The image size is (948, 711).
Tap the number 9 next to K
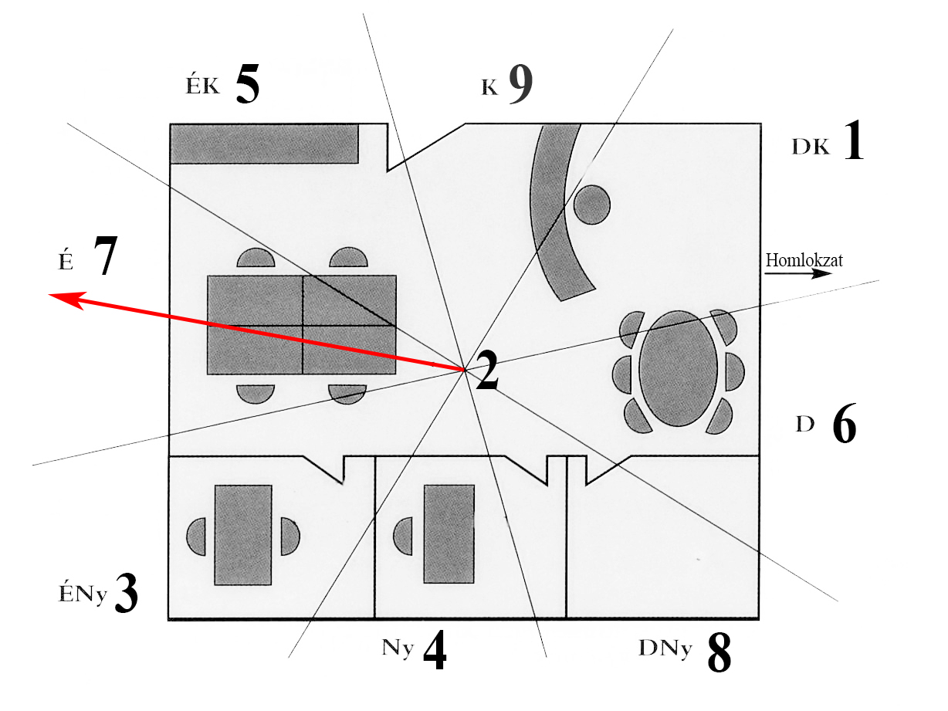[520, 85]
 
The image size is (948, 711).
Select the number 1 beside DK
[853, 141]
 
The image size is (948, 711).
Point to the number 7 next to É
[106, 255]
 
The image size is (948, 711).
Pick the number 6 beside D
[845, 424]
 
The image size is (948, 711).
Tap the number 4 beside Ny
[435, 650]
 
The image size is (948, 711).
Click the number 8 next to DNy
[719, 653]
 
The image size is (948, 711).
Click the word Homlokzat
[804, 260]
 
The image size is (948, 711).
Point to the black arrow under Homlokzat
[798, 274]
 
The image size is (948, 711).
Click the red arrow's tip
[49, 294]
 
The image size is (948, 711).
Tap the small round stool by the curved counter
[591, 205]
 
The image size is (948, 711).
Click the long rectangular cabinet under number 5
[264, 144]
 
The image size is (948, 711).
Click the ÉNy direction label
[83, 594]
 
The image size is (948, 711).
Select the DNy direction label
[665, 648]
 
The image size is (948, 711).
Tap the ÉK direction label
[202, 86]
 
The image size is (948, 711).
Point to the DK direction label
[811, 147]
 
